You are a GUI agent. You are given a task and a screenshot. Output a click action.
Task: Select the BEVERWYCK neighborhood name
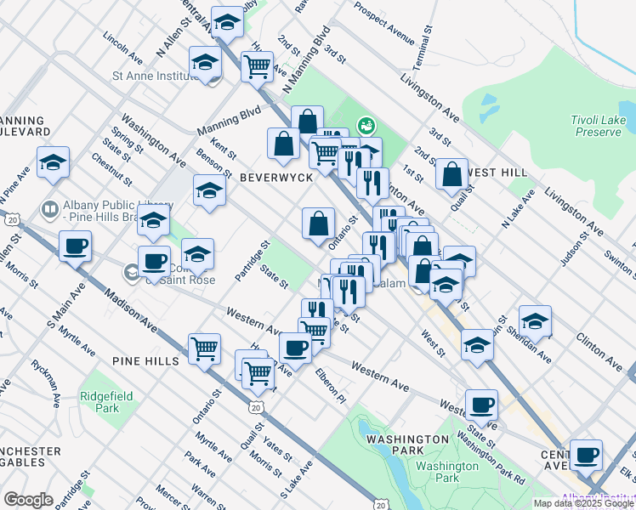click(x=276, y=178)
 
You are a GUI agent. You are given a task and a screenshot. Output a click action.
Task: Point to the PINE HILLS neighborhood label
click(x=145, y=361)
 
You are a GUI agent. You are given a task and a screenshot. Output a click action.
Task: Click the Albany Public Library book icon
click(x=50, y=208)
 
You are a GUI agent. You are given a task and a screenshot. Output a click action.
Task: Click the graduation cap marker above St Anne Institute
click(x=205, y=62)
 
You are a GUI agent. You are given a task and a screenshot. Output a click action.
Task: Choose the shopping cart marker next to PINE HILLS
click(x=204, y=348)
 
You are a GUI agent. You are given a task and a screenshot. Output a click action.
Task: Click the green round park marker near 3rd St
click(x=366, y=126)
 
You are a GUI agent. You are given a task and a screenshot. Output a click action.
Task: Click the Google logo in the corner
click(x=28, y=500)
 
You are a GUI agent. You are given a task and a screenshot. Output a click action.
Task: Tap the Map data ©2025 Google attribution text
click(x=583, y=503)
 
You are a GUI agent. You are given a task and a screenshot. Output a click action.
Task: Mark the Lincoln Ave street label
click(x=122, y=48)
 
